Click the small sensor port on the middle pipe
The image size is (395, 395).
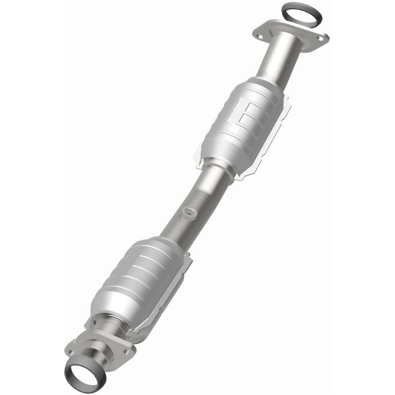(189, 210)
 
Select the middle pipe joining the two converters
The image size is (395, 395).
(198, 203)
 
